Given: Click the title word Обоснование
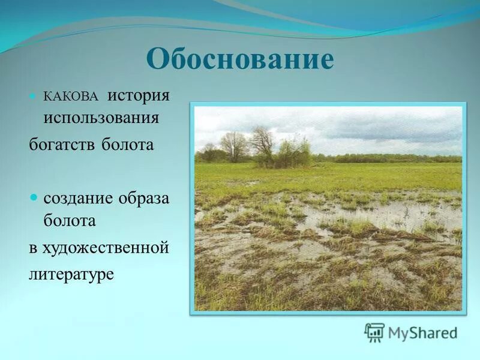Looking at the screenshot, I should coord(239,60).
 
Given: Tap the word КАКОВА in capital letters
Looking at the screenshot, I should coord(71,97).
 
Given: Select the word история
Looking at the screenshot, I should coord(139,95).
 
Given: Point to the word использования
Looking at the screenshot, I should coord(101,118).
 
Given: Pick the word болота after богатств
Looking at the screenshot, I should coord(127,145).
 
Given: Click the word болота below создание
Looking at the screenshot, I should coord(69,220).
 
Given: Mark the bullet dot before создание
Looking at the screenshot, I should coord(34,197).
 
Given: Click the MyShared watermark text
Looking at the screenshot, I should coord(422,332).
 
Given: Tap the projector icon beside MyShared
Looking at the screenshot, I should coord(374,332).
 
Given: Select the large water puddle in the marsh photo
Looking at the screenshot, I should coord(384,213).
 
